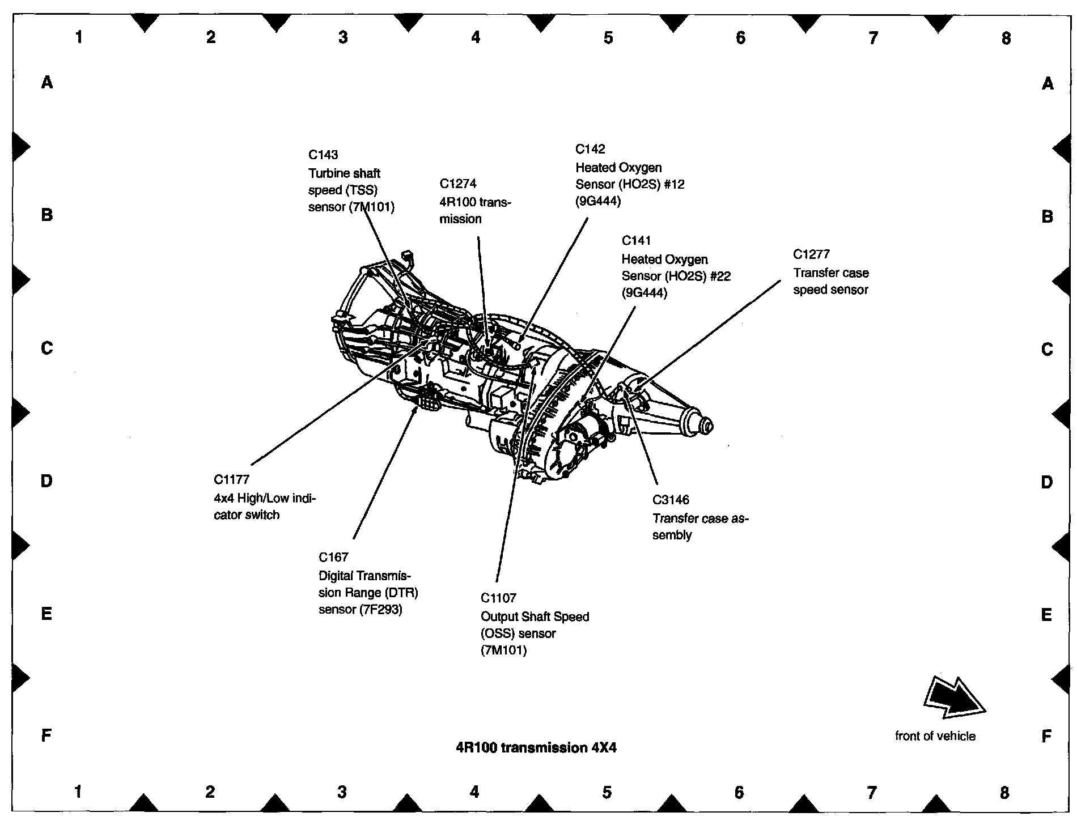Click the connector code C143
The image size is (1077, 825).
pos(323,155)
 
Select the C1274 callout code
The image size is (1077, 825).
pos(458,184)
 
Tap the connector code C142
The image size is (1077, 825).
pos(590,149)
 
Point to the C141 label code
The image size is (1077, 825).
pos(636,241)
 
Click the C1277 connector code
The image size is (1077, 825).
pos(811,254)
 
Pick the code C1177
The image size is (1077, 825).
pos(231,480)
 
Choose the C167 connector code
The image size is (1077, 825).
pos(333,557)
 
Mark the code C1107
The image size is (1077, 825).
pos(498,598)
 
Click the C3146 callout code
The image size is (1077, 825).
pos(671,500)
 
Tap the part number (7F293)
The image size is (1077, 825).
pos(380,610)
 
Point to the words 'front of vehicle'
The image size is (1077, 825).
pos(935,736)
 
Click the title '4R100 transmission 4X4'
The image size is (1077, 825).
pos(536,748)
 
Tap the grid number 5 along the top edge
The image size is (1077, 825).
pos(608,38)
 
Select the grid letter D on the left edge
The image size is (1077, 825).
pos(46,481)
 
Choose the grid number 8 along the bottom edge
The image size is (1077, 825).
pos(1004,792)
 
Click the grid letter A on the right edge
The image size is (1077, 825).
pos(1048,84)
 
